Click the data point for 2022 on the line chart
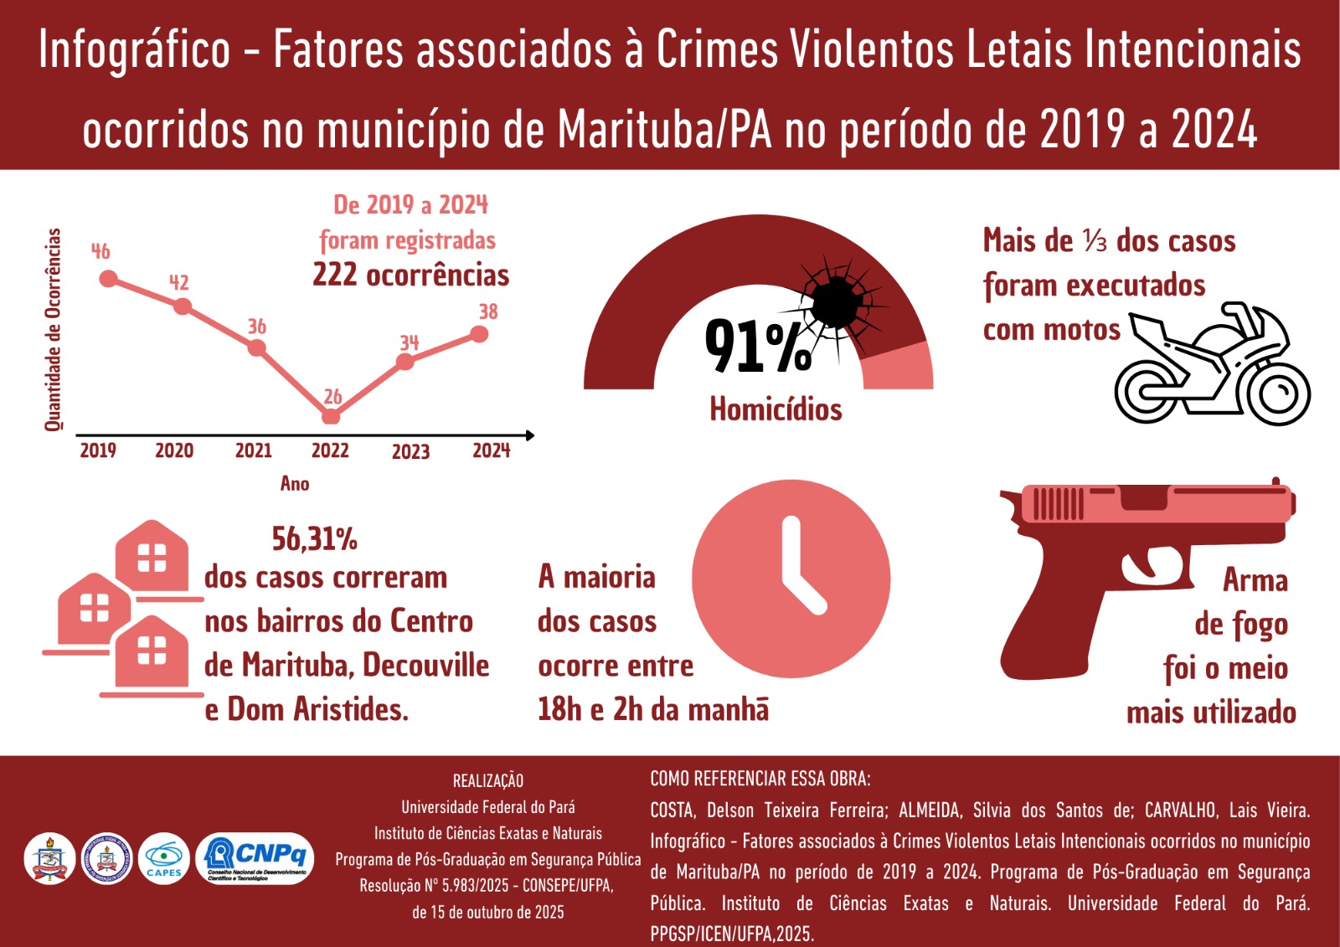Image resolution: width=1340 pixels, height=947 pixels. coord(331,416)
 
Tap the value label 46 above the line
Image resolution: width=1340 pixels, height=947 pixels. coord(100,251)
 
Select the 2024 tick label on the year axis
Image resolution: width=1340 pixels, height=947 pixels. coord(491,450)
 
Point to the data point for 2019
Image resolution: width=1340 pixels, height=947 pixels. coord(108,279)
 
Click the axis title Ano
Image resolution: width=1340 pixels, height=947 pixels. coord(295,483)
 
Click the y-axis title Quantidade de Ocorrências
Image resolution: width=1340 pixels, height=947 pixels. coord(54,329)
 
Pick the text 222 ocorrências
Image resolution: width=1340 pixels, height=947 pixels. coord(410,275)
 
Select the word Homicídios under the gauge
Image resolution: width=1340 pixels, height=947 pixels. coord(776,409)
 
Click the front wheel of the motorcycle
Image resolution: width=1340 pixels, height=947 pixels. coord(1278,394)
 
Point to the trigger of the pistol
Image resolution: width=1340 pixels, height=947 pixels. coord(1145,567)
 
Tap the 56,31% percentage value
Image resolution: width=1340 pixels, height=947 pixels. coord(314,539)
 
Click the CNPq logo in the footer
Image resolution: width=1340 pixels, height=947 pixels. coord(255,858)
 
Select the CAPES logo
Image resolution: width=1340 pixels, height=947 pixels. coord(163,858)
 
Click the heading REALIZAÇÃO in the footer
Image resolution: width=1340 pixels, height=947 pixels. coord(487,781)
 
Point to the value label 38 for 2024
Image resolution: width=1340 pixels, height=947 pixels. coord(488,311)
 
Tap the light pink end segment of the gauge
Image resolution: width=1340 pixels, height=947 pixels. coord(898,368)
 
